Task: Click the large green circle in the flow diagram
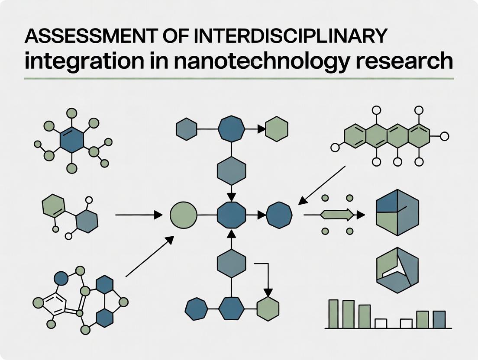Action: (x=184, y=215)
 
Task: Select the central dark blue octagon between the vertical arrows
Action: (x=231, y=215)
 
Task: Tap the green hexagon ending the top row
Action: (x=277, y=129)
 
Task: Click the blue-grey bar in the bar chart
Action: (x=439, y=319)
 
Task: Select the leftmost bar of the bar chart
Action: (x=333, y=314)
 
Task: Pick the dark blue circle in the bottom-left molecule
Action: (x=61, y=278)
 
